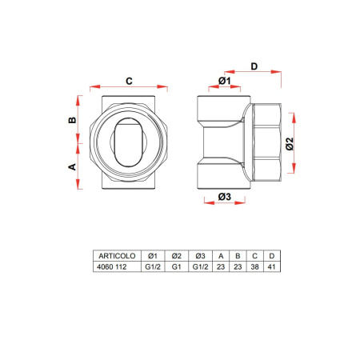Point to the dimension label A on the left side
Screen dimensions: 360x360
tap(71, 167)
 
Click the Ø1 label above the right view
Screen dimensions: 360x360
tap(224, 82)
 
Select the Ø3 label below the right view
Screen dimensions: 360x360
tap(224, 197)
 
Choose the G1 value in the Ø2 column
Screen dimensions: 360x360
tap(177, 267)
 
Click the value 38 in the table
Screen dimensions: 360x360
tap(255, 267)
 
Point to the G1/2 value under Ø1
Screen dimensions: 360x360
tap(152, 267)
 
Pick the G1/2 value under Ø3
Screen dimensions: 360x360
tap(202, 267)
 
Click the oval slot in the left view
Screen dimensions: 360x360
tap(129, 145)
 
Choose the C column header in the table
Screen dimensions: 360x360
tap(255, 256)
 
